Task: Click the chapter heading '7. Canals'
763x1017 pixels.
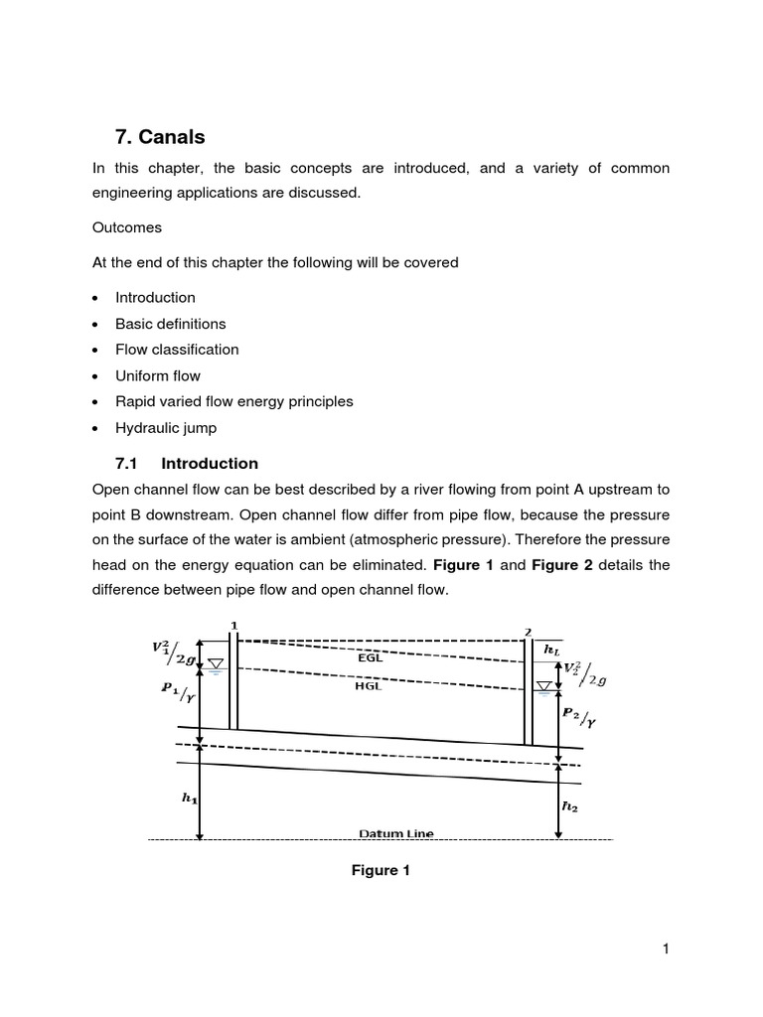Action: pyautogui.click(x=161, y=137)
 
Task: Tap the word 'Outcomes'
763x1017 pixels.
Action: pyautogui.click(x=126, y=227)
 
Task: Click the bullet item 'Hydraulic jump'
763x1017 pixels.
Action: pyautogui.click(x=165, y=428)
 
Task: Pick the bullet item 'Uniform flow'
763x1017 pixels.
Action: pyautogui.click(x=157, y=375)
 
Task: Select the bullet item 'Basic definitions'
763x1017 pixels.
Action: pyautogui.click(x=170, y=324)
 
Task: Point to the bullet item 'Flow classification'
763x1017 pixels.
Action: pyautogui.click(x=177, y=350)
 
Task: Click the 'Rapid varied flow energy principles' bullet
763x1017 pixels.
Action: pyautogui.click(x=233, y=402)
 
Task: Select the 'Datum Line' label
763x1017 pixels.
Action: pyautogui.click(x=396, y=833)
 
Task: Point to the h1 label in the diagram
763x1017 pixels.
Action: pyautogui.click(x=188, y=798)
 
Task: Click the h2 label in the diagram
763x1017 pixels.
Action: pyautogui.click(x=569, y=806)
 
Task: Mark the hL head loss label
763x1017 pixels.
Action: pyautogui.click(x=551, y=649)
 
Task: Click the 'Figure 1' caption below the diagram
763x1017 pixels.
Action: pyautogui.click(x=381, y=871)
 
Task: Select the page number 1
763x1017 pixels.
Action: pyautogui.click(x=666, y=949)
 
